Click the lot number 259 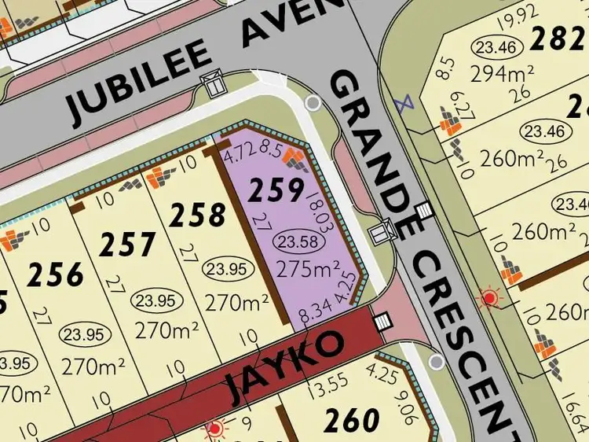[276, 190]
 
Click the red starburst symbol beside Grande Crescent [491, 298]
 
